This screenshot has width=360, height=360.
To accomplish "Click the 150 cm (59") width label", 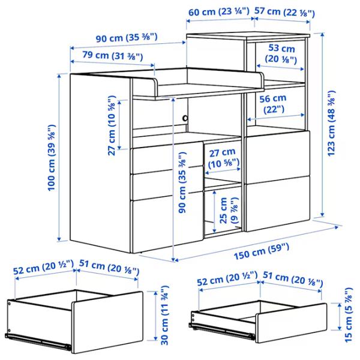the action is [x=262, y=251].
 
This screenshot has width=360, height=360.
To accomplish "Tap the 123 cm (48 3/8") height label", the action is [x=332, y=124].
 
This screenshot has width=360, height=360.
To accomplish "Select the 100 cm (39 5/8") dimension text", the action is [x=52, y=157].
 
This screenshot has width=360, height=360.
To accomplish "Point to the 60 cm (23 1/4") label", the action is [x=219, y=11].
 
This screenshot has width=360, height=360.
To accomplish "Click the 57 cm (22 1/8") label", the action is [x=284, y=12].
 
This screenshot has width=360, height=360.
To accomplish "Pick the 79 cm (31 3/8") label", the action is [x=113, y=56].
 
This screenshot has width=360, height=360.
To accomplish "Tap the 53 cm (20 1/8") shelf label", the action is [x=281, y=54].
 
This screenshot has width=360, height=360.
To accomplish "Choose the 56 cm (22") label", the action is [x=273, y=104].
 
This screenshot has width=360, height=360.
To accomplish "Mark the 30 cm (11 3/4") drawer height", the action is [x=164, y=315].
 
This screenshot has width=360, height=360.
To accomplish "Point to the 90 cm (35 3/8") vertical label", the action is [x=182, y=182].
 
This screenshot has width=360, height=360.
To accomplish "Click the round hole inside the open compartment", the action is [x=185, y=118].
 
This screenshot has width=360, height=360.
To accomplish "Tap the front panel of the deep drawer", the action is [x=107, y=322].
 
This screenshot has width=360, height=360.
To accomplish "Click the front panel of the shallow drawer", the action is [x=291, y=323].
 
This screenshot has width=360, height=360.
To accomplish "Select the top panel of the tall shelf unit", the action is [x=248, y=35].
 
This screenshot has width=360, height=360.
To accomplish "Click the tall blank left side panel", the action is [x=100, y=162].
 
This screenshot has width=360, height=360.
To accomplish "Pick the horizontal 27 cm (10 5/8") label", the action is [x=223, y=157].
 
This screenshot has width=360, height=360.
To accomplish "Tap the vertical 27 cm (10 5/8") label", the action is [x=112, y=125].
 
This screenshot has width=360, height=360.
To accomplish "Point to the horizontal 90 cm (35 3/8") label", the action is [x=127, y=38].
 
